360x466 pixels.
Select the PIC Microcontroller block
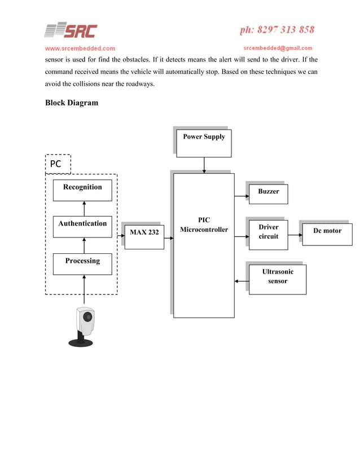click(x=204, y=245)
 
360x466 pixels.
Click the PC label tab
click(x=58, y=164)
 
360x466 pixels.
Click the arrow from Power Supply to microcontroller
click(x=204, y=165)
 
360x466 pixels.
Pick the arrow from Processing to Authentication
click(x=84, y=247)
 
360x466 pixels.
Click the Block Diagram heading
click(x=71, y=103)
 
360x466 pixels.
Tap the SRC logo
click(x=71, y=31)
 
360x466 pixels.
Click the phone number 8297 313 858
click(x=277, y=29)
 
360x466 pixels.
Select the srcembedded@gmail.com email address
click(x=278, y=48)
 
